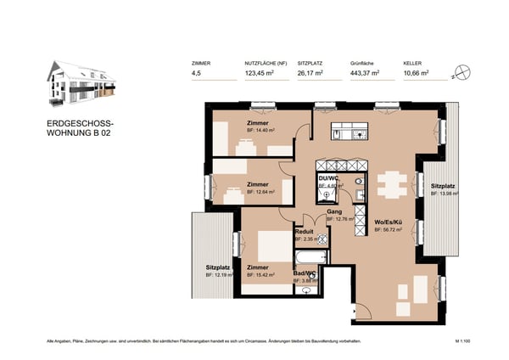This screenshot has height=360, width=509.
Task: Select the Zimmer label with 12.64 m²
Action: pyautogui.click(x=257, y=184)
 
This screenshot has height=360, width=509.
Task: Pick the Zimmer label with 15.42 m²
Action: pyautogui.click(x=257, y=267)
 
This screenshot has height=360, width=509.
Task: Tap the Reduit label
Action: pyautogui.click(x=304, y=231)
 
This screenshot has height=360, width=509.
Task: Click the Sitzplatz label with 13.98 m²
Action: pyautogui.click(x=444, y=186)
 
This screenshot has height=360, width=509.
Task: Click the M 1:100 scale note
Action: pyautogui.click(x=463, y=340)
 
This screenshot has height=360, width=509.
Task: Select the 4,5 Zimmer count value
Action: pyautogui.click(x=199, y=74)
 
